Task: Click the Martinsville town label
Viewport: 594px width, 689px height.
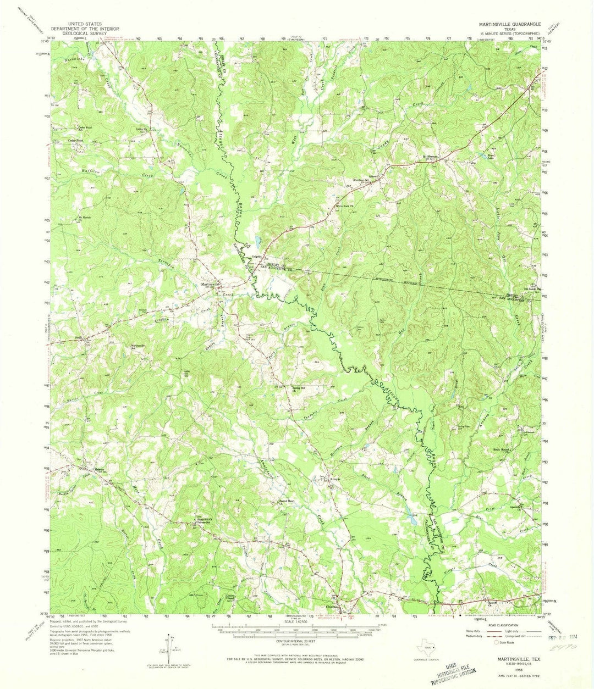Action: pos(211,284)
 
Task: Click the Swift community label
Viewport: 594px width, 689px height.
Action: pos(79,338)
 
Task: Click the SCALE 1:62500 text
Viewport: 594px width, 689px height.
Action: pos(296,621)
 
